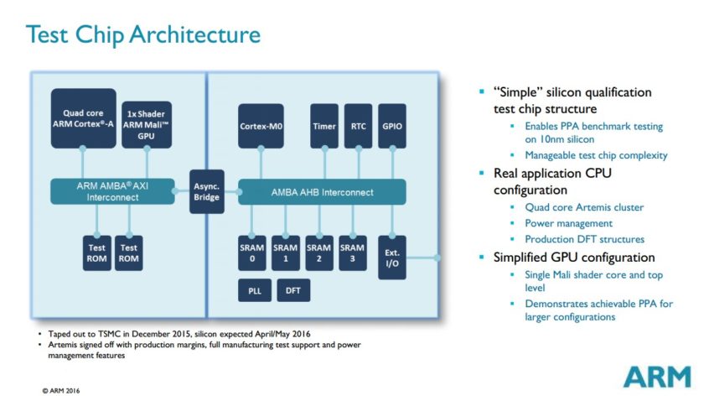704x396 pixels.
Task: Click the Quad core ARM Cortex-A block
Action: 83,118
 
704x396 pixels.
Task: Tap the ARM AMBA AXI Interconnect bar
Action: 111,190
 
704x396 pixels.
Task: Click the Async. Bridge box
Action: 206,191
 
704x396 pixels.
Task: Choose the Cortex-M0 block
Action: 260,126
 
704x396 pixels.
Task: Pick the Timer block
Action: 324,126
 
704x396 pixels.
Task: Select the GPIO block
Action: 391,126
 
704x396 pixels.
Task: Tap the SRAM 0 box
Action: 252,253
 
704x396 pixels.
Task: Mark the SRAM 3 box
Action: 352,253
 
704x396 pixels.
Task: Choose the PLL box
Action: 252,291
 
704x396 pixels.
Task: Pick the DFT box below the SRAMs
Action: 293,291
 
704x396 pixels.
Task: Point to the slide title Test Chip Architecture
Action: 143,35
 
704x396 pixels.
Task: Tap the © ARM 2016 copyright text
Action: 62,389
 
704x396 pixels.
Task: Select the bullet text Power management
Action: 568,223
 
